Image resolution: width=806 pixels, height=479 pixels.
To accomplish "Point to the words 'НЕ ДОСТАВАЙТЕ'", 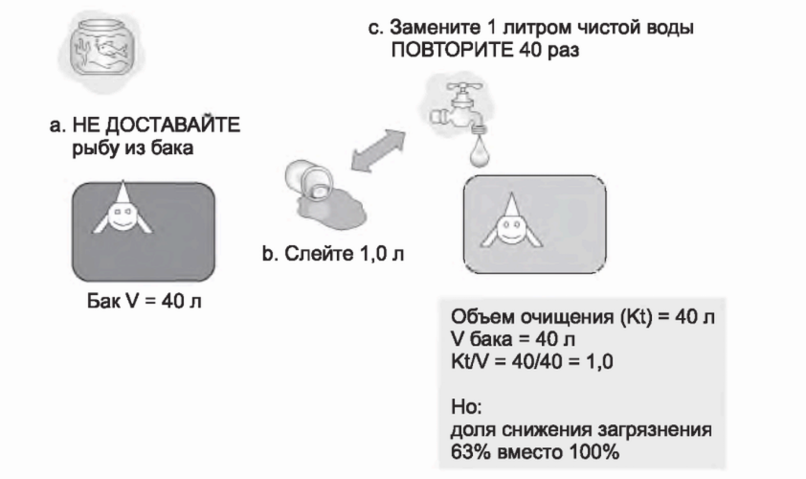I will (x=154, y=126).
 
